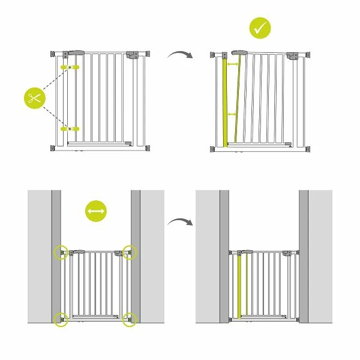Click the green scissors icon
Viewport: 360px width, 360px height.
click(35, 98)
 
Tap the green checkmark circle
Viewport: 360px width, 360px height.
click(260, 28)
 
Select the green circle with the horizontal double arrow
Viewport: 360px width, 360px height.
click(95, 212)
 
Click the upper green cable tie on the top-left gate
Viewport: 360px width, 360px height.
click(70, 66)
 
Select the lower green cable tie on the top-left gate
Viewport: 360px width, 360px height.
click(70, 128)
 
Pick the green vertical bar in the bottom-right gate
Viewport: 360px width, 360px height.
click(241, 287)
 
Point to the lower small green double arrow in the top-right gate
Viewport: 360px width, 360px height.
click(232, 113)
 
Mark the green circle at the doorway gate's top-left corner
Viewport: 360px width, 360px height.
click(61, 251)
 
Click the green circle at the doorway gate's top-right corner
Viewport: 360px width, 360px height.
click(130, 251)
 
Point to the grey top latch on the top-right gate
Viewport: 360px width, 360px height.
click(239, 53)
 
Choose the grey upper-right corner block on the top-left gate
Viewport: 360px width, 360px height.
click(132, 55)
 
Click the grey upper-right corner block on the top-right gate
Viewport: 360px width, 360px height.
click(293, 55)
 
